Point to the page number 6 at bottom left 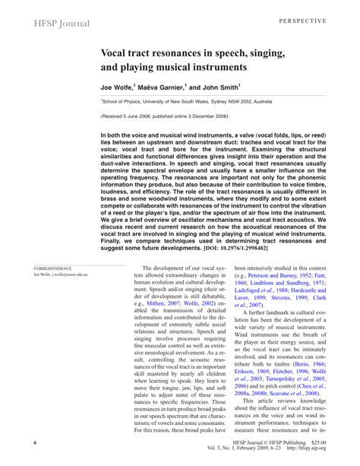click(36, 442)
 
